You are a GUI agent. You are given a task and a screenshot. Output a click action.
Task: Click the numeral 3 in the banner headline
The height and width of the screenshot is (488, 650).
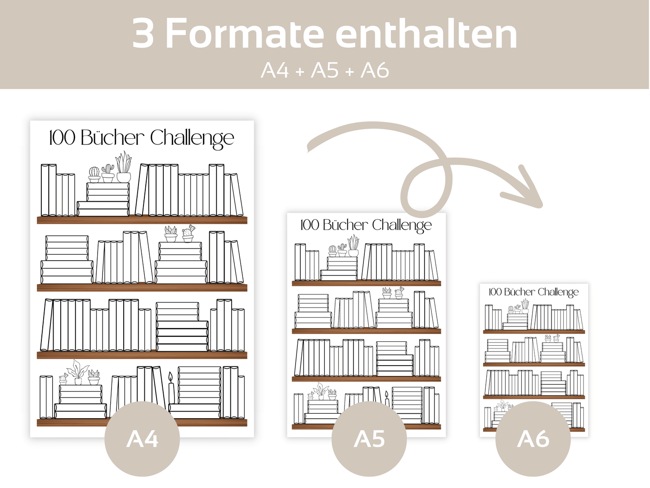pyautogui.click(x=143, y=33)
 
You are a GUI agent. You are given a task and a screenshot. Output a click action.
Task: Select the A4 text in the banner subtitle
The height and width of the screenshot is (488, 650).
pyautogui.click(x=274, y=71)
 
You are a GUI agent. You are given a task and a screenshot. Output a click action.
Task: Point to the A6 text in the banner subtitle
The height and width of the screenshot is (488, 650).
pyautogui.click(x=375, y=71)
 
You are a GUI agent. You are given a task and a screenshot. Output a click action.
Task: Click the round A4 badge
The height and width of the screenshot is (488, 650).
pyautogui.click(x=142, y=439)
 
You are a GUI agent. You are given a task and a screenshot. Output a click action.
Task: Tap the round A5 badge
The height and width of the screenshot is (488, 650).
pyautogui.click(x=369, y=439)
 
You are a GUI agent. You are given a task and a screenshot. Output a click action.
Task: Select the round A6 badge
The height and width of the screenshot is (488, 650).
pyautogui.click(x=533, y=439)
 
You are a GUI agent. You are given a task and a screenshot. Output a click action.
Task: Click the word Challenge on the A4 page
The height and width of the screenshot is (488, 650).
pyautogui.click(x=192, y=138)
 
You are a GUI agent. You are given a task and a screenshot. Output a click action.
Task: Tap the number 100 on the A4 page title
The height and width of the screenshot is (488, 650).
pyautogui.click(x=62, y=138)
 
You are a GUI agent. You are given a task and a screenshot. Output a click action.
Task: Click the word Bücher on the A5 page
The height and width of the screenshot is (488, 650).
pyautogui.click(x=345, y=225)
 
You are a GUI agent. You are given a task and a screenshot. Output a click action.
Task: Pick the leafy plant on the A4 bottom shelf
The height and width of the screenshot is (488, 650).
pyautogui.click(x=78, y=372)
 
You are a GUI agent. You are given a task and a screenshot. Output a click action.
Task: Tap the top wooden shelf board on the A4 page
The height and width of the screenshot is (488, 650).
pyautogui.click(x=142, y=220)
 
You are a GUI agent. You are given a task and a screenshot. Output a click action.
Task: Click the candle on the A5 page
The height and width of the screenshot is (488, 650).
pyautogui.click(x=387, y=398)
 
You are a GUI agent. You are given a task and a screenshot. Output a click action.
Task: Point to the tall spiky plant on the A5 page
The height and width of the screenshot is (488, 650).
pyautogui.click(x=353, y=246)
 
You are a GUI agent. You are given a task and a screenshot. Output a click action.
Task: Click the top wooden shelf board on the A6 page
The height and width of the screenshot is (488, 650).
pyautogui.click(x=533, y=331)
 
